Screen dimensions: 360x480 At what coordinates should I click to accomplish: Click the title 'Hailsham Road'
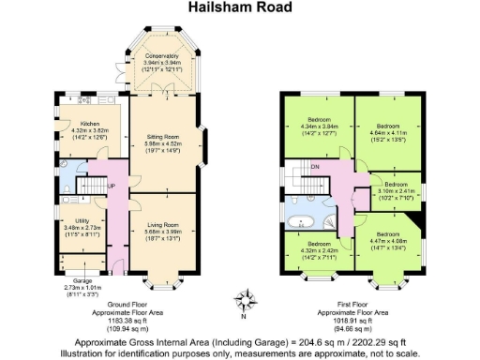pyautogui.click(x=241, y=8)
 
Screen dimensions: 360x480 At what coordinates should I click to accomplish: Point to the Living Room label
pyautogui.click(x=164, y=226)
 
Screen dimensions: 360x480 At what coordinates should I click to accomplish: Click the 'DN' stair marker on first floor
pyautogui.click(x=315, y=168)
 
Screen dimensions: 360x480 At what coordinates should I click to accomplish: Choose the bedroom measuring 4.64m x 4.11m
pyautogui.click(x=388, y=126)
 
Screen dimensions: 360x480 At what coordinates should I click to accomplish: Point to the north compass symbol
pyautogui.click(x=243, y=302)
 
